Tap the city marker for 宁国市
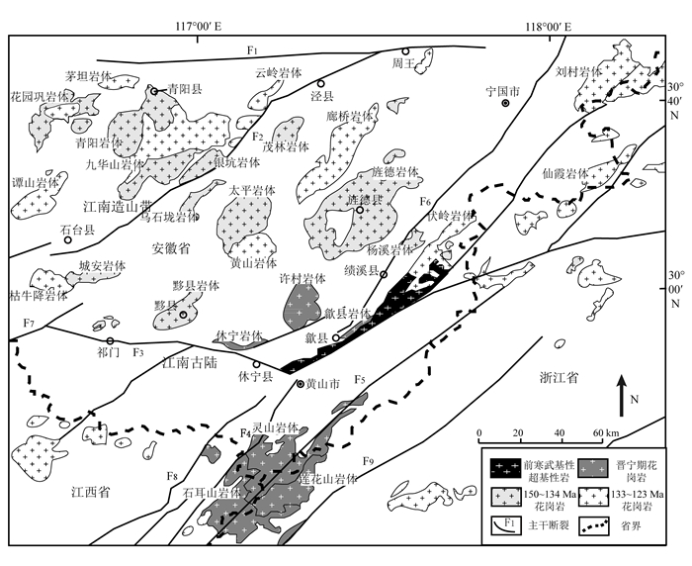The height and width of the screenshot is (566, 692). coord(505,103)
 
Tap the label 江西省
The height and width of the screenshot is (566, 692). coord(89,491)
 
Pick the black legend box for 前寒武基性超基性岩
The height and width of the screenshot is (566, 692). coord(502,463)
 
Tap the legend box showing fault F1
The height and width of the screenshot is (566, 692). coord(502,524)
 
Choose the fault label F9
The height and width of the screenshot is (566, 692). coord(369,461)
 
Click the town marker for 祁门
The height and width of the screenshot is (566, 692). coord(111,341)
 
